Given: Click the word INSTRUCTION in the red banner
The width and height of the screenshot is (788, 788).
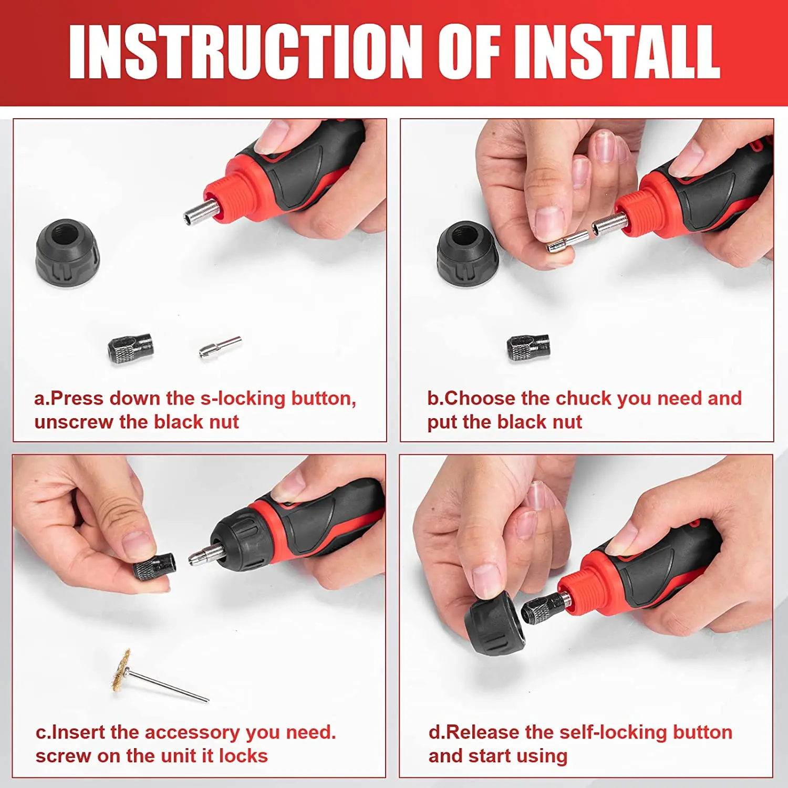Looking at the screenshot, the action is coord(246,51).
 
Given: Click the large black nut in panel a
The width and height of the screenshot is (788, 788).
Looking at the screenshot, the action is coord(68,253).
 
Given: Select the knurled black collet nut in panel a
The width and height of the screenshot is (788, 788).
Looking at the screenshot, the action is coord(131,346).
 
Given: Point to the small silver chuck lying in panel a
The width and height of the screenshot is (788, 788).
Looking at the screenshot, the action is coord(220,347).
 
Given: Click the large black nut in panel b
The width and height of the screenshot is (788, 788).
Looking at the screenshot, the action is coord(468,253).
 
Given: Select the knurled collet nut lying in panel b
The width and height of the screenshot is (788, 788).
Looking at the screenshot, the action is coord(528,347).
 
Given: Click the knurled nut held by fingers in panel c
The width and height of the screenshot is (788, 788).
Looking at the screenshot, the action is coord(153,567).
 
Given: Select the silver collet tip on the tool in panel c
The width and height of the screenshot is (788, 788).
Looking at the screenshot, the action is coord(207,554).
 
